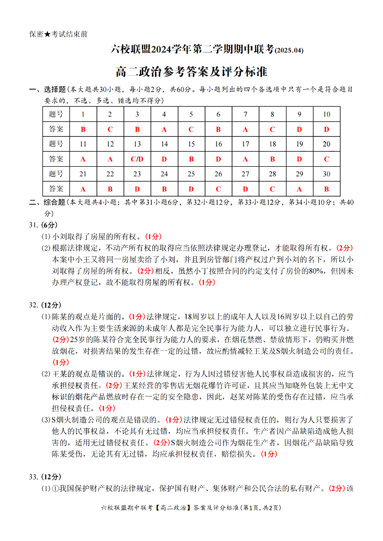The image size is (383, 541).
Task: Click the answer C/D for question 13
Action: click(137, 159)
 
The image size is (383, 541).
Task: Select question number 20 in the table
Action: click(327, 144)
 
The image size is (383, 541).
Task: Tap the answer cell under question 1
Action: click(83, 129)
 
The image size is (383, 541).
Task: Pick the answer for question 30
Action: click(327, 189)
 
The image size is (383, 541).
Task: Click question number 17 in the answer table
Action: click(246, 144)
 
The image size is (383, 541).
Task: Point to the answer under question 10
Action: click(327, 129)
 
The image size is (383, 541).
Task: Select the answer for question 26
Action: click(219, 189)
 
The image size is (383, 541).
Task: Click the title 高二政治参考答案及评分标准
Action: click(191, 72)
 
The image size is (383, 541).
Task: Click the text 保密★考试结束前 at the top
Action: click(58, 34)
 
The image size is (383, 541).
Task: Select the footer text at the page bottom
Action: click(191, 507)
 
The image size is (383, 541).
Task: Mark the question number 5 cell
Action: click(191, 114)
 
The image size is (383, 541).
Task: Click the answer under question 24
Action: click(164, 189)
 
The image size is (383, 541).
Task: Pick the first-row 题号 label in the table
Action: click(56, 114)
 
